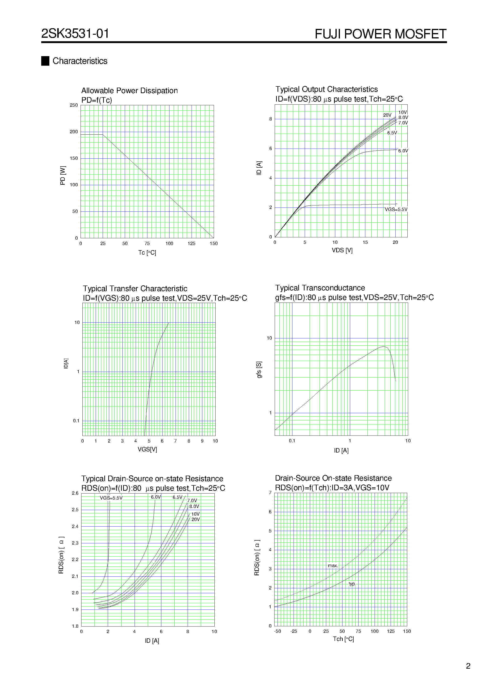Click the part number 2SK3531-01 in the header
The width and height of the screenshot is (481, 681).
[x=75, y=34]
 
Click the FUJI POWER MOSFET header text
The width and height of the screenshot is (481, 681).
[x=380, y=34]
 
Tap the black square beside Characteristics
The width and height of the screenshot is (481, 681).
[x=45, y=61]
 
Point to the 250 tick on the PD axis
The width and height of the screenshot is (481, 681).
[x=74, y=105]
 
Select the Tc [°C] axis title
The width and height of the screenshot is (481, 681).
[x=147, y=252]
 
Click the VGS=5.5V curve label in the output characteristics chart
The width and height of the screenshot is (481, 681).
[x=396, y=209]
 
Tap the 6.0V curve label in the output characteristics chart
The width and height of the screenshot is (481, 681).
[x=403, y=151]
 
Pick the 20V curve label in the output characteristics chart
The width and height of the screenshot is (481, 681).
[x=387, y=115]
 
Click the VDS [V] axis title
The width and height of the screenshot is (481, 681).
[x=342, y=250]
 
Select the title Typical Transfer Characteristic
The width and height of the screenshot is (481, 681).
[x=135, y=289]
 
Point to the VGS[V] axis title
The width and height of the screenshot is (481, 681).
[x=147, y=449]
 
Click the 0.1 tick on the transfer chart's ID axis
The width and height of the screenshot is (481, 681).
[x=76, y=421]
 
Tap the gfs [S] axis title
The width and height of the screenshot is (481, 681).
[x=259, y=370]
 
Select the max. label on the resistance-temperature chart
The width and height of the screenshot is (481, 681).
[x=333, y=566]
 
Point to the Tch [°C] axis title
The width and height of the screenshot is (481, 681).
[x=343, y=639]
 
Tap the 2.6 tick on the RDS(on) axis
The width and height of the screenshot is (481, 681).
[x=75, y=493]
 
